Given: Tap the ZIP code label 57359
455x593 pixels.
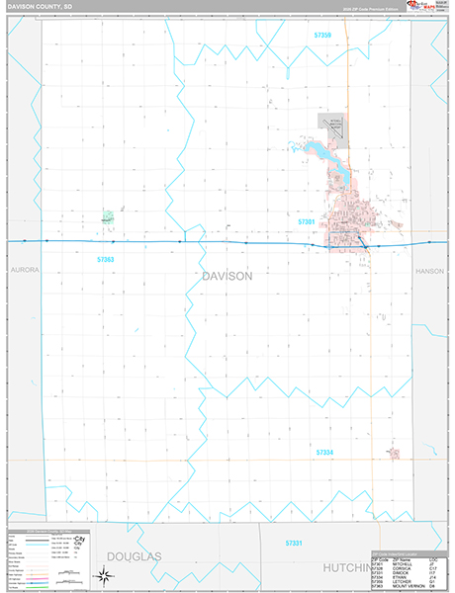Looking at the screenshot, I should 318,35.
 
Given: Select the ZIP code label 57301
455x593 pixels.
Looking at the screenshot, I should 307,222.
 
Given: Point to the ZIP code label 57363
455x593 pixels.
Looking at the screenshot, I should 105,259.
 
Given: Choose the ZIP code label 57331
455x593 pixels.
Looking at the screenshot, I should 294,543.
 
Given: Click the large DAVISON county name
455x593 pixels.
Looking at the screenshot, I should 227,277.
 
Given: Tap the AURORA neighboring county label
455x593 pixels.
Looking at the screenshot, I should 21,269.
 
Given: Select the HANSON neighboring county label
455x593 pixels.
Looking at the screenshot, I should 432,269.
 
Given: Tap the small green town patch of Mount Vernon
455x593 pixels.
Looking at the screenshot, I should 108,216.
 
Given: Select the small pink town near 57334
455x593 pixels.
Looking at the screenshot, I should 394,454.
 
